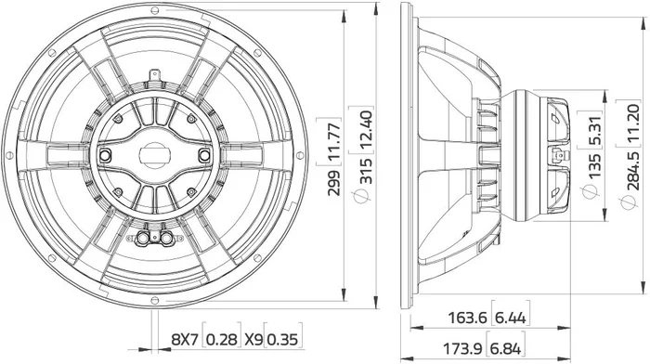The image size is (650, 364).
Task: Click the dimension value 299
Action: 333,182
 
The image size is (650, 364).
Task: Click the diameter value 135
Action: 594,166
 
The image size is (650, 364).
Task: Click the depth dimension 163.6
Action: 467,318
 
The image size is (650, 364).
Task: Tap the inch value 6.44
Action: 511,318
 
